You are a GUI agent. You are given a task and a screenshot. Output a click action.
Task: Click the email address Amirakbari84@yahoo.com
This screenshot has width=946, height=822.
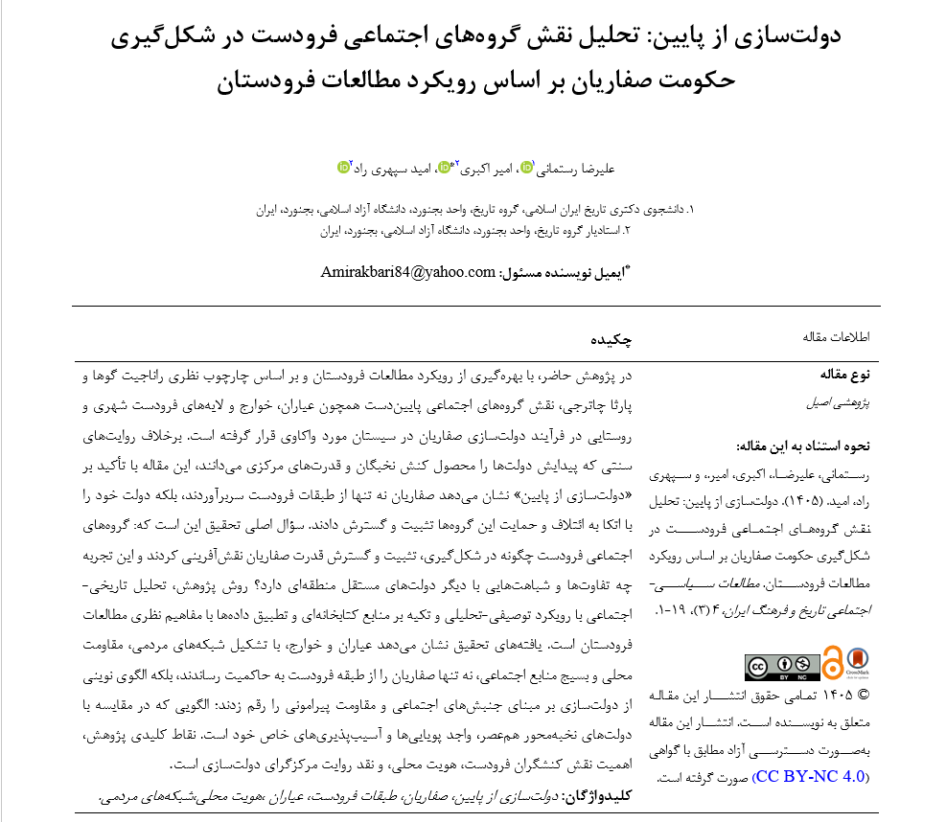(407, 271)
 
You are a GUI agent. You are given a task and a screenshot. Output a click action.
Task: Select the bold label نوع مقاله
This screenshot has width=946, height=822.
(842, 373)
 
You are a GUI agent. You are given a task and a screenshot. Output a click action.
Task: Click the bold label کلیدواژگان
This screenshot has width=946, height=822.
(601, 795)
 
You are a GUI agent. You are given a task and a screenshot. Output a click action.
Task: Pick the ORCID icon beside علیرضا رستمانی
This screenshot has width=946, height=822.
(526, 167)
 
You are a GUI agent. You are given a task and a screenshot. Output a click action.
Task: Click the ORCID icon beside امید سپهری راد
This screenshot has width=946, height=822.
(343, 167)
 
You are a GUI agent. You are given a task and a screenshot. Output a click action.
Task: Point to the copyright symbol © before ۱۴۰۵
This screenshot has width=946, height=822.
(862, 696)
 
